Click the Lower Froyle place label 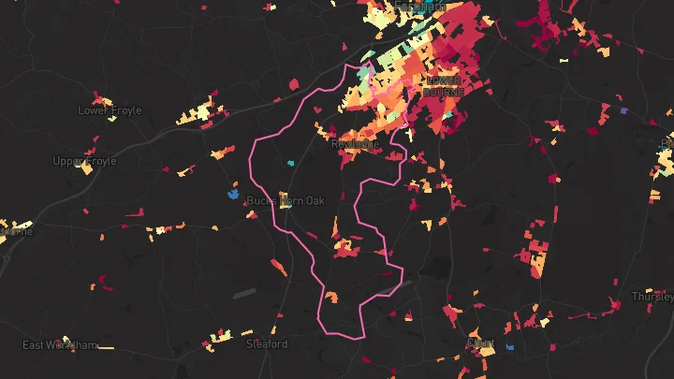[110, 110]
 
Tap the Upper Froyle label [84, 161]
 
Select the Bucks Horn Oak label [285, 201]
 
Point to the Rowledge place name [356, 144]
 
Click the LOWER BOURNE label [443, 86]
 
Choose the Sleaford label [266, 344]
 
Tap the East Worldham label [59, 345]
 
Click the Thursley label [652, 297]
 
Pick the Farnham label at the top [418, 6]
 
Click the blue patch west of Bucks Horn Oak [234, 195]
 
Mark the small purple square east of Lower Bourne [623, 111]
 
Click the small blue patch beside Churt [510, 347]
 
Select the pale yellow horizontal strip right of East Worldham [106, 348]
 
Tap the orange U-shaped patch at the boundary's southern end [331, 298]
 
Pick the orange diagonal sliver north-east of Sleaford [279, 269]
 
